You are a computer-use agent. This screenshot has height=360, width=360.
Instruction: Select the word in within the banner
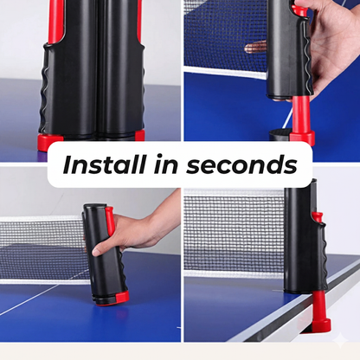(171, 164)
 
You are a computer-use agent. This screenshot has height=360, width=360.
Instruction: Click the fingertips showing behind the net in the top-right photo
(256, 45)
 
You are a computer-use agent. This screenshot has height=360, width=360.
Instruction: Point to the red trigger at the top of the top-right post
(299, 10)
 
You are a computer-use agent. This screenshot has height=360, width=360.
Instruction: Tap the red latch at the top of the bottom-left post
(110, 222)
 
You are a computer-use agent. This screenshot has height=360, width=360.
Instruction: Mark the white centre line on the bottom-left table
(35, 299)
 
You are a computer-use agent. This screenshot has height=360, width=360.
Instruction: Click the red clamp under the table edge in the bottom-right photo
(319, 316)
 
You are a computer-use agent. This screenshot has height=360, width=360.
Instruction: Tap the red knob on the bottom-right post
(318, 217)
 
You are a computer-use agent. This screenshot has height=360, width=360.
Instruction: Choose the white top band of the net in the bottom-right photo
(234, 196)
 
